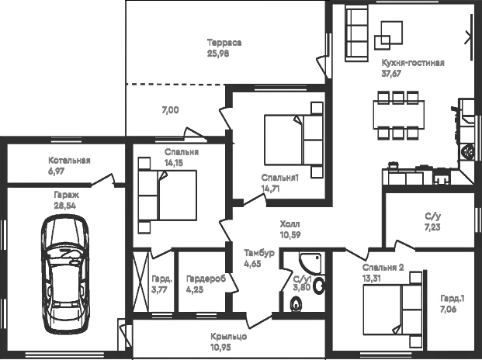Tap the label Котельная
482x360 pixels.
click(69, 161)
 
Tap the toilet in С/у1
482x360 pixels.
click(296, 306)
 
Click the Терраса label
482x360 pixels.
click(224, 43)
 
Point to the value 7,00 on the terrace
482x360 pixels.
click(170, 110)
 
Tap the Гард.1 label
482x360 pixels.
click(453, 299)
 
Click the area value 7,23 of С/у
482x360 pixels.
click(433, 228)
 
